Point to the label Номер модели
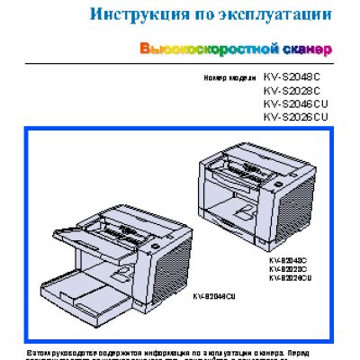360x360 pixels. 230,78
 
